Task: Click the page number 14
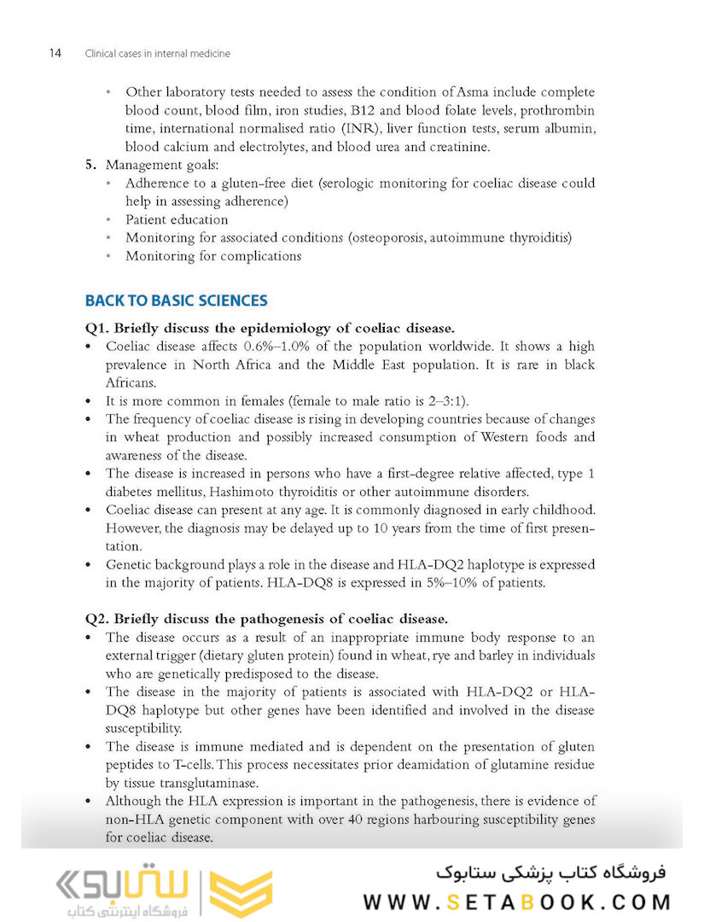pyautogui.click(x=54, y=53)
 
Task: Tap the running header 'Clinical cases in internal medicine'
pyautogui.click(x=157, y=54)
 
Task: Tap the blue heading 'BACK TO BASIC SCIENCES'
pyautogui.click(x=176, y=301)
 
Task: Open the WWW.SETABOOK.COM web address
pyautogui.click(x=516, y=902)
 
